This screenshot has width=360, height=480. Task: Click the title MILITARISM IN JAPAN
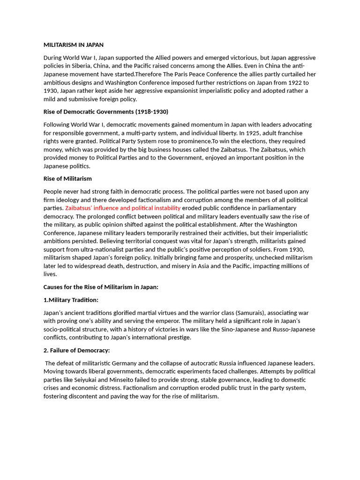[x=74, y=45]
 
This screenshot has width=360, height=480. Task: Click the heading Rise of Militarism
[x=67, y=179]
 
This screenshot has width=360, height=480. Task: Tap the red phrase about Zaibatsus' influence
[x=123, y=208]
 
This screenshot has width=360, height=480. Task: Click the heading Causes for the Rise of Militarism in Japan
[x=101, y=287]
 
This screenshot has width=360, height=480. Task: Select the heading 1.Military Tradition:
[x=71, y=300]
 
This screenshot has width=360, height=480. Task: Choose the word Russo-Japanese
[x=294, y=329]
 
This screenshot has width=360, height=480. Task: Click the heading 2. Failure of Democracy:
[x=76, y=350]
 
